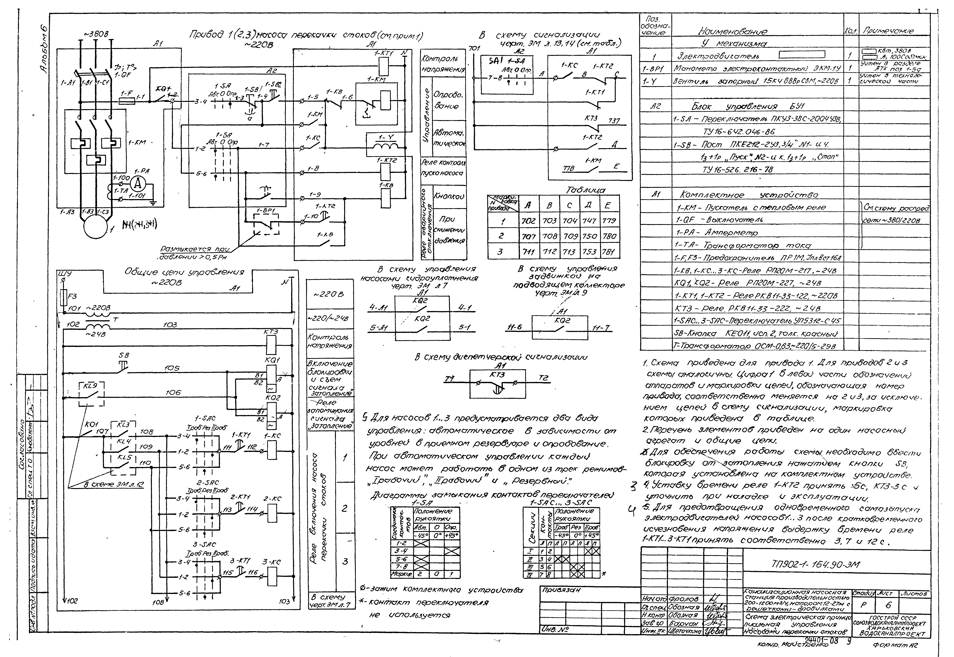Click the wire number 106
tap(173, 393)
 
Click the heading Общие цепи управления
tap(184, 273)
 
